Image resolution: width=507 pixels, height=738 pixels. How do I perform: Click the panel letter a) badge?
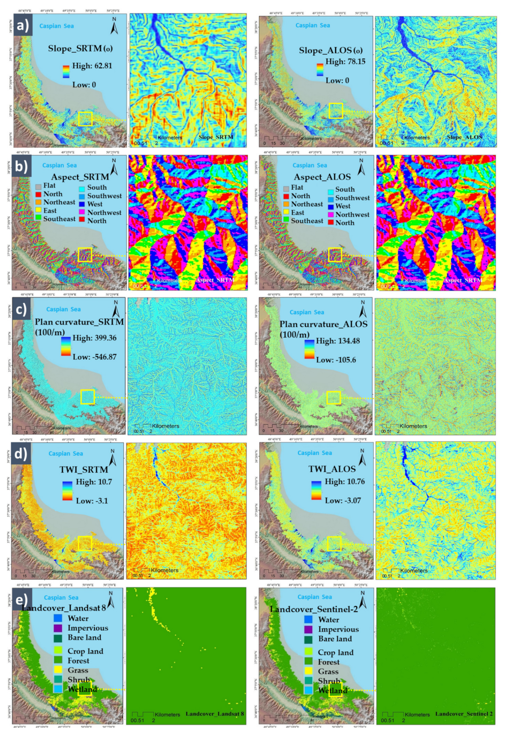point(23,25)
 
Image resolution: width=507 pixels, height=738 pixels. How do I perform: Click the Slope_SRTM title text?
point(80,48)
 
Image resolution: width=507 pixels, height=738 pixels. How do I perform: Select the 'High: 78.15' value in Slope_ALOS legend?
point(345,61)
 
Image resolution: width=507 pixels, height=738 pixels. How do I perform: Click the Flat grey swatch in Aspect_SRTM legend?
point(38,186)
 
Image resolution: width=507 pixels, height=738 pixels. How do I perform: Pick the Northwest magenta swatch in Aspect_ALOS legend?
point(331,215)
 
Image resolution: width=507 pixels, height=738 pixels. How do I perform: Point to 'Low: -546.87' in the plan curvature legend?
point(95,357)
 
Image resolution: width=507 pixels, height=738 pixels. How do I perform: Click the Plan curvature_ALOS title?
point(323,324)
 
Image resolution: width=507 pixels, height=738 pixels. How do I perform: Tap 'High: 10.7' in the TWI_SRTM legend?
point(94,482)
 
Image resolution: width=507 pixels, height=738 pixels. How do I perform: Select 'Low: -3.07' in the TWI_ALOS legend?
point(343,501)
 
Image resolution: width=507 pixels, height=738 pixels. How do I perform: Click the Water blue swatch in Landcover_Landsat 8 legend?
point(58,618)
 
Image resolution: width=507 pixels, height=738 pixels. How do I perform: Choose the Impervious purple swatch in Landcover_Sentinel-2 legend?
point(308,629)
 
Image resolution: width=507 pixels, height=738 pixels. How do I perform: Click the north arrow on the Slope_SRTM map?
point(114,26)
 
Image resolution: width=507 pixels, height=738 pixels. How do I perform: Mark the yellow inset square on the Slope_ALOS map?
point(336,111)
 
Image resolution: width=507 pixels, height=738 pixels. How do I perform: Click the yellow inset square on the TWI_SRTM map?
point(85,543)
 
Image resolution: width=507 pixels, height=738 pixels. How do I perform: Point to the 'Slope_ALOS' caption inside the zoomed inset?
point(464,137)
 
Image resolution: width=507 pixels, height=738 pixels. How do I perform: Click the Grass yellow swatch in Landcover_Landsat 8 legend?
point(58,669)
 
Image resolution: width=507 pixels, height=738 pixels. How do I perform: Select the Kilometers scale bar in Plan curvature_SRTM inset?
point(157,426)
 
